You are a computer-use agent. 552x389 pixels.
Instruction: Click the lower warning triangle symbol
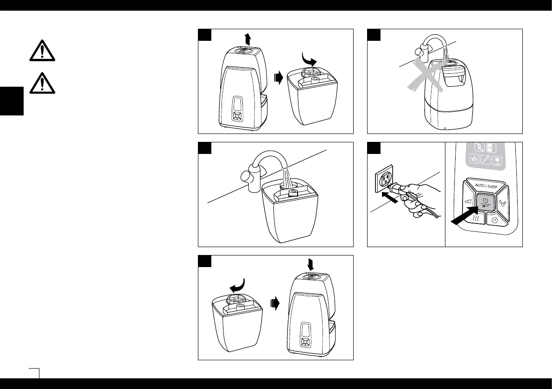42,82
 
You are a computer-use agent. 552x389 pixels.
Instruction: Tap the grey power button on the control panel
484,203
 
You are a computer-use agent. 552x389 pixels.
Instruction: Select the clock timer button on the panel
495,221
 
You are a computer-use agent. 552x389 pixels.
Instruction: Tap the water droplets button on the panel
503,203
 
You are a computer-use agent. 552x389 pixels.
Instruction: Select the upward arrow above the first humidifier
248,38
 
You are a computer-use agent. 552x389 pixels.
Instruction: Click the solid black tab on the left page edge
11,100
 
